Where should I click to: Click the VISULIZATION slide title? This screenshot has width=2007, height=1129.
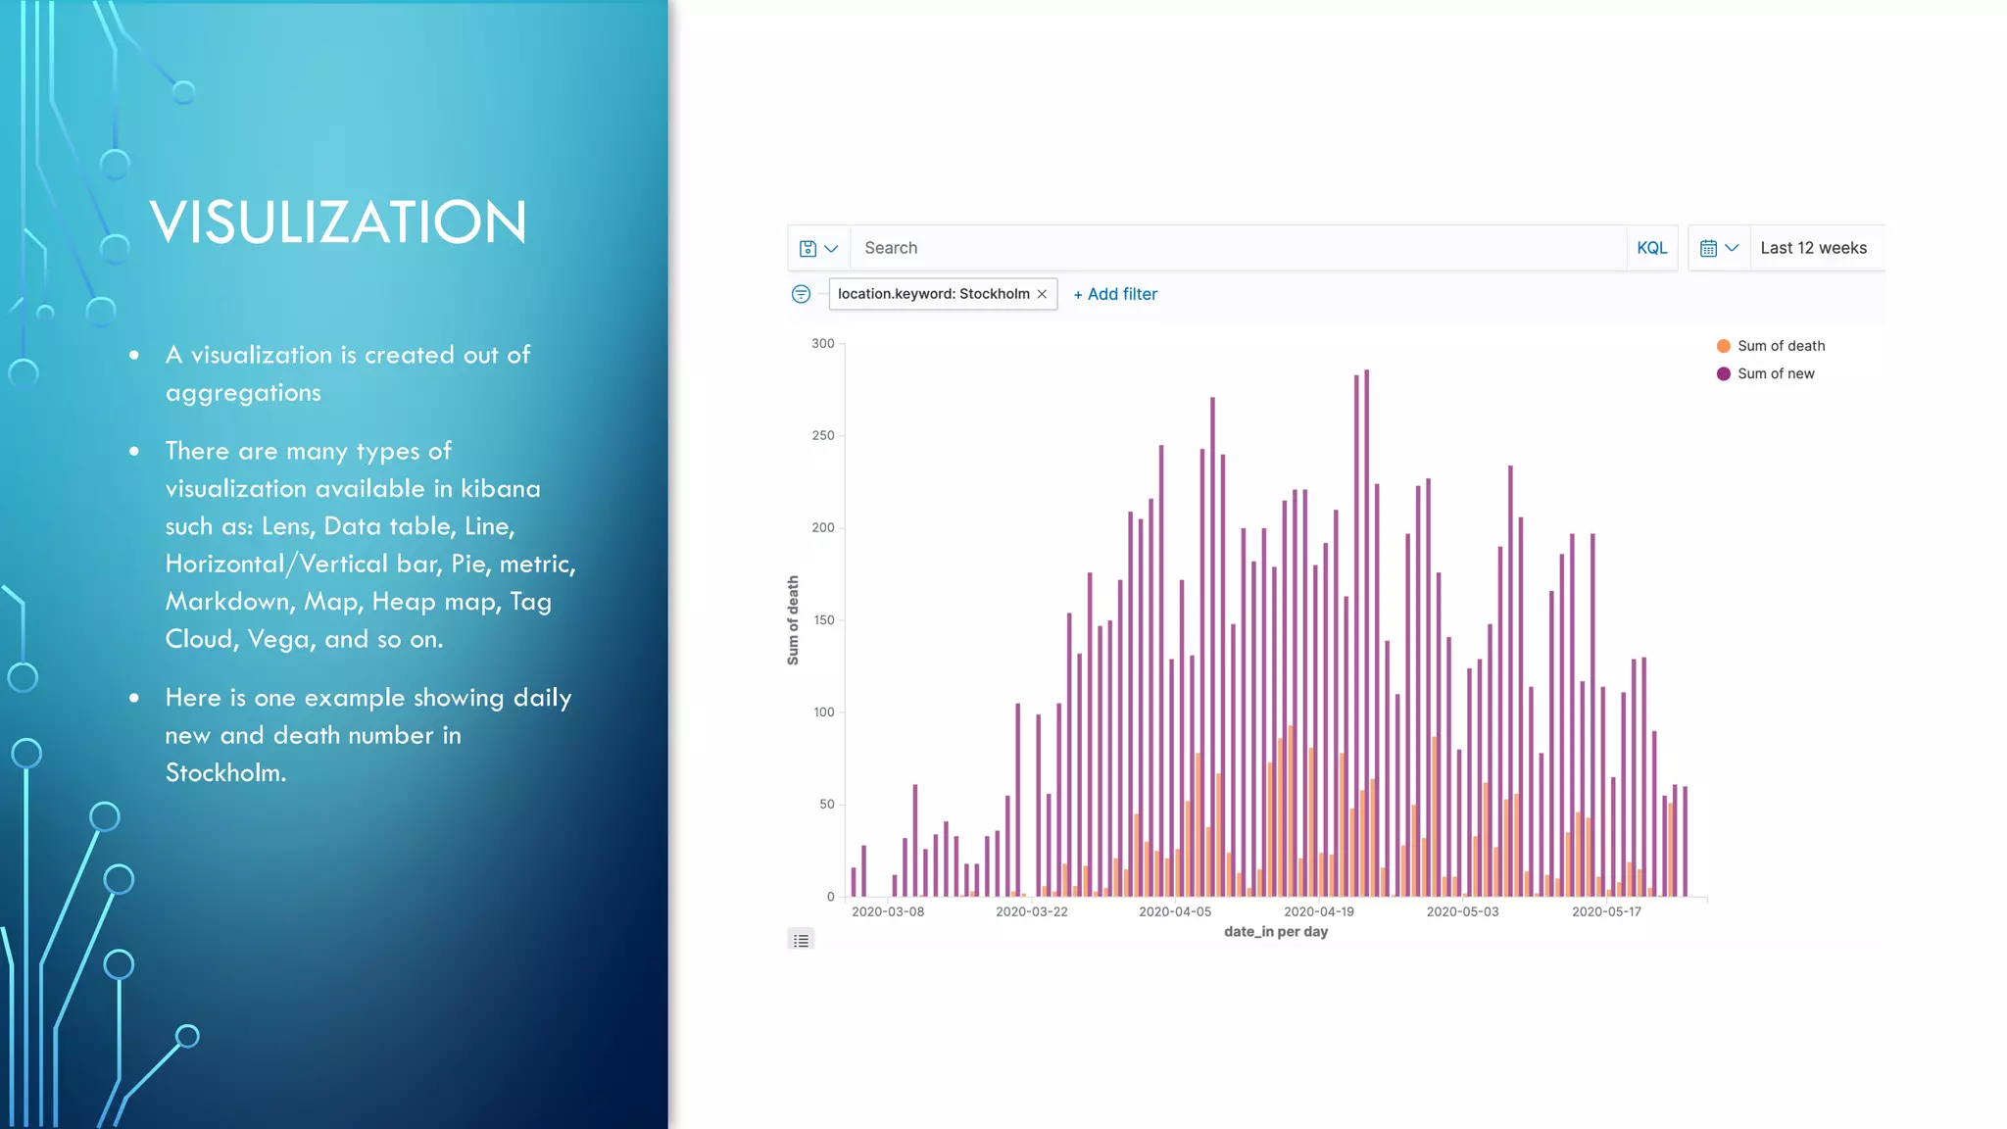pyautogui.click(x=338, y=222)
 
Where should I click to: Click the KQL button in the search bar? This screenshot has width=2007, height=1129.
pyautogui.click(x=1651, y=248)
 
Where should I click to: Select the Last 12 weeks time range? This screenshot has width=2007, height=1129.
pyautogui.click(x=1813, y=248)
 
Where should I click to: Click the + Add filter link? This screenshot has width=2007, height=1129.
pyautogui.click(x=1115, y=294)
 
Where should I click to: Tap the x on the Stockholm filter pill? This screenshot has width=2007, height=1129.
pyautogui.click(x=1042, y=294)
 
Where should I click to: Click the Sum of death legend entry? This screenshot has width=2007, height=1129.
pyautogui.click(x=1780, y=346)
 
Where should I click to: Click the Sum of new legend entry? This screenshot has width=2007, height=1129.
pyautogui.click(x=1775, y=373)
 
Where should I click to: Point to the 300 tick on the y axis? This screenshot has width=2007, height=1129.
pyautogui.click(x=823, y=344)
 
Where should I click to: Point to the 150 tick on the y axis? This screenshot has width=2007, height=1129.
pyautogui.click(x=823, y=620)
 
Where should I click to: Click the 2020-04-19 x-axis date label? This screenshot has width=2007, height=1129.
pyautogui.click(x=1318, y=911)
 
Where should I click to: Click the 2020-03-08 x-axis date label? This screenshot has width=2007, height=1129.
pyautogui.click(x=887, y=911)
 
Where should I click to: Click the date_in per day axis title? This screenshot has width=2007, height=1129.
pyautogui.click(x=1275, y=932)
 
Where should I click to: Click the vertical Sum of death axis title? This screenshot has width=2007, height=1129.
pyautogui.click(x=793, y=620)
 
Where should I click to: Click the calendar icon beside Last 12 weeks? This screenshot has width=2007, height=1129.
pyautogui.click(x=1708, y=249)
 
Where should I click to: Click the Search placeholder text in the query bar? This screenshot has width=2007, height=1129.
pyautogui.click(x=891, y=248)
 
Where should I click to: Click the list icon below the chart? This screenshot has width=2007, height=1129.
pyautogui.click(x=801, y=941)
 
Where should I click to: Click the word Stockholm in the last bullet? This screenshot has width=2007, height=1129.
pyautogui.click(x=224, y=773)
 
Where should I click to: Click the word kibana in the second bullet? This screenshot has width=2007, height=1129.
pyautogui.click(x=500, y=489)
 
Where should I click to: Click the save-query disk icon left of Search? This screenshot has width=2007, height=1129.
pyautogui.click(x=808, y=249)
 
